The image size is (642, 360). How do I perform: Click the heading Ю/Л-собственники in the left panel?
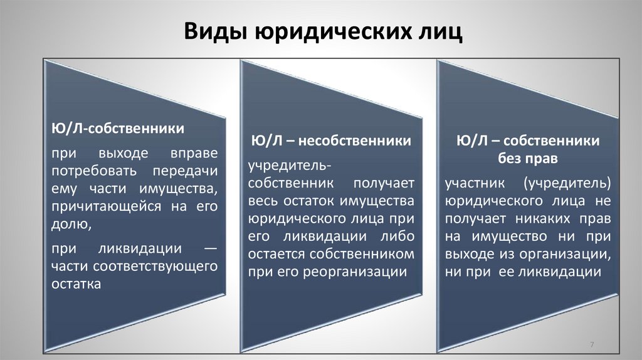[x=117, y=129]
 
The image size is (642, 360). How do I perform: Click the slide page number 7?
[x=592, y=346]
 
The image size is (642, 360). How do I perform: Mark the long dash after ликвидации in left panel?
[x=211, y=249]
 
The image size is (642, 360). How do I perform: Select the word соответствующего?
[x=155, y=266]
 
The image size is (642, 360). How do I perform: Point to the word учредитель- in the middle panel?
[x=290, y=166]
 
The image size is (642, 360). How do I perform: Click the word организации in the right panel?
[x=569, y=255]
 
